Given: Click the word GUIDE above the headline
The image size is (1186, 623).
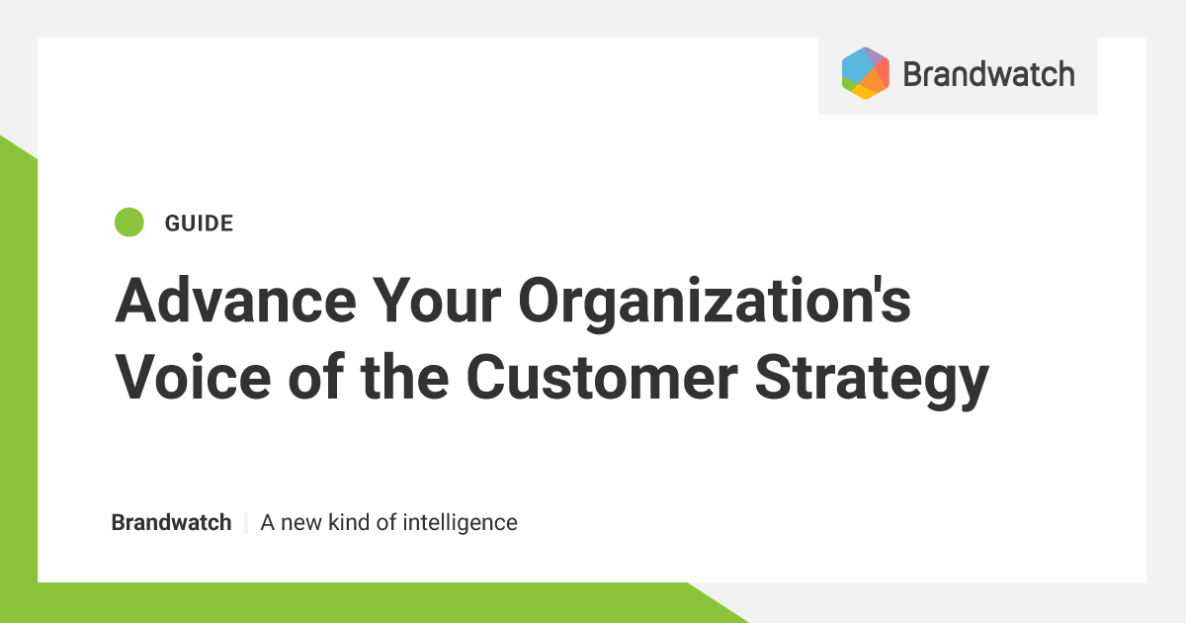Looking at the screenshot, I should [x=199, y=223].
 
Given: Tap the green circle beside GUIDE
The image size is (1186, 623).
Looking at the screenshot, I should [x=129, y=222].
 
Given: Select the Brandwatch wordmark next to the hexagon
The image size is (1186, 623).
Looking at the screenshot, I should [x=988, y=74].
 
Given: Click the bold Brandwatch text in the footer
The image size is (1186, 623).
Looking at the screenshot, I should [x=171, y=522].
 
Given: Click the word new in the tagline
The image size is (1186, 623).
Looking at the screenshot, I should [x=301, y=522].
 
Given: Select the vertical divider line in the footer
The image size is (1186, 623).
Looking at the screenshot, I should [x=246, y=522].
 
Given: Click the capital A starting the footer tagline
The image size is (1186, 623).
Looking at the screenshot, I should [x=268, y=522].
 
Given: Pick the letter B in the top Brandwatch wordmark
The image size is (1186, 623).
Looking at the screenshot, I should [x=913, y=74].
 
